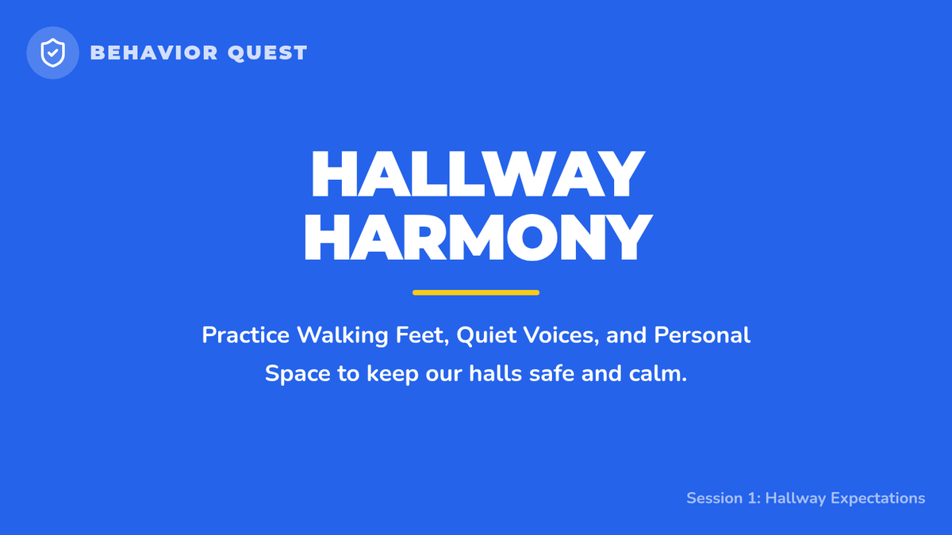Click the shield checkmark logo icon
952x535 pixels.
pos(52,52)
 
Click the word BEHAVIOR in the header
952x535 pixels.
pos(154,53)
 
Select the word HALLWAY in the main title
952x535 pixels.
pos(478,174)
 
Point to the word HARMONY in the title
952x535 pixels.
pos(478,236)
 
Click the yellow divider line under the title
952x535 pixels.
pos(476,292)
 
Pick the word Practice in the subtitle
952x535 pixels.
pos(246,335)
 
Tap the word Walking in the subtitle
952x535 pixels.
pos(343,336)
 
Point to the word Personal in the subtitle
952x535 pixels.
pos(702,335)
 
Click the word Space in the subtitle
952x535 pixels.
pos(297,374)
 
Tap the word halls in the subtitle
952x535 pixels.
pos(496,373)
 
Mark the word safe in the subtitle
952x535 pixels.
pos(551,373)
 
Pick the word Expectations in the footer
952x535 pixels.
pos(877,499)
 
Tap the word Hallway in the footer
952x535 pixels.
pos(796,499)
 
